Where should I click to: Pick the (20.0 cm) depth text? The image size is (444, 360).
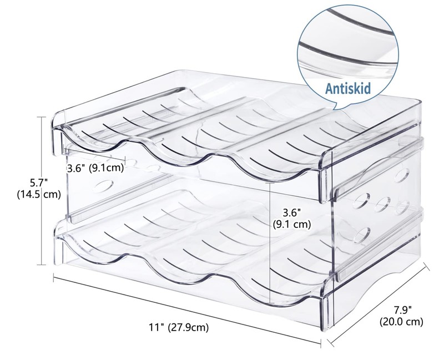[x=401, y=321]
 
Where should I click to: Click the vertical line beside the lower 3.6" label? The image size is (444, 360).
[x=270, y=222]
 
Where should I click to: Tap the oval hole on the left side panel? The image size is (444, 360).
[x=103, y=185]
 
